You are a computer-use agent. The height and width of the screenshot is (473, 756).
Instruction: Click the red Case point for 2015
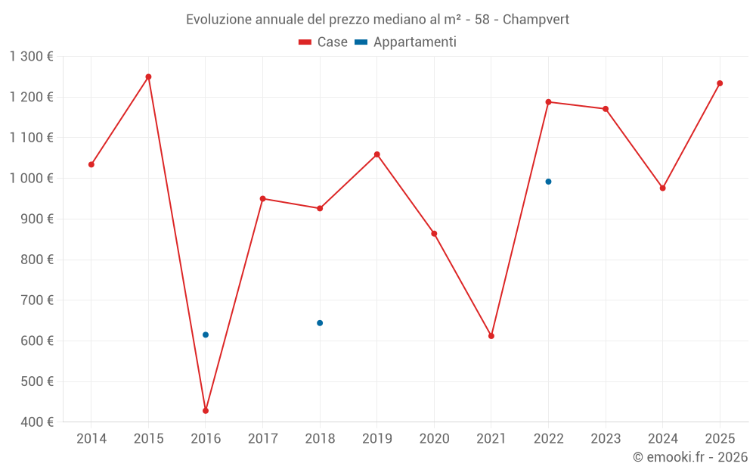coord(148,76)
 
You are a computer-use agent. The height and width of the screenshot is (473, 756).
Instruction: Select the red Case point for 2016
coord(206,411)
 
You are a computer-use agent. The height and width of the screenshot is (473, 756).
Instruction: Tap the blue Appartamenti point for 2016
coord(206,335)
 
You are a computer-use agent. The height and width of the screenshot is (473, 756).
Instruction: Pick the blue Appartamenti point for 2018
coord(320,323)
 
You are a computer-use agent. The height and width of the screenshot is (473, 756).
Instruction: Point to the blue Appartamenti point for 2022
coord(548,182)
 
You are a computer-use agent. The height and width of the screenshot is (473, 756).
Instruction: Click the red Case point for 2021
coord(491,336)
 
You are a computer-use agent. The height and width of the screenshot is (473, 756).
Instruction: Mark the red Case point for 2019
coord(377,154)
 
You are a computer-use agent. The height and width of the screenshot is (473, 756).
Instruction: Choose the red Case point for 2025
coord(720,83)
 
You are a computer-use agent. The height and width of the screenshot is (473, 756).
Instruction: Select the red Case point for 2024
coord(663,188)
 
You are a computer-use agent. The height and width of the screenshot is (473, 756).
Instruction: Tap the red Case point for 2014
coord(91,164)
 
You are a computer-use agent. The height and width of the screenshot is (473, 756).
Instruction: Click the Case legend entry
coord(324,42)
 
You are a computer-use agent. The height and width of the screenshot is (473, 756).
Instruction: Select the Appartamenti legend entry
coord(406,42)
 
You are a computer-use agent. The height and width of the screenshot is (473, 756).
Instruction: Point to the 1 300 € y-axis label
coord(32,57)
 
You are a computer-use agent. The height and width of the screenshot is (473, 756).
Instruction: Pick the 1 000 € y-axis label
coord(32,179)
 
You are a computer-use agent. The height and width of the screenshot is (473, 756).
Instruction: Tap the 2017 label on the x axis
coord(262,439)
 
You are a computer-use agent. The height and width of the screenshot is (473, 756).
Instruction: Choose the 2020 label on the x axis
coord(434,439)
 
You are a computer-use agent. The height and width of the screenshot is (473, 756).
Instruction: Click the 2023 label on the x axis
coord(606,439)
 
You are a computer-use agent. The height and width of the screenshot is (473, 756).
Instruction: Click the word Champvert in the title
coord(536,20)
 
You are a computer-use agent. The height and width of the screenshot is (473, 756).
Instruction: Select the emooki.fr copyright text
coord(690,457)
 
